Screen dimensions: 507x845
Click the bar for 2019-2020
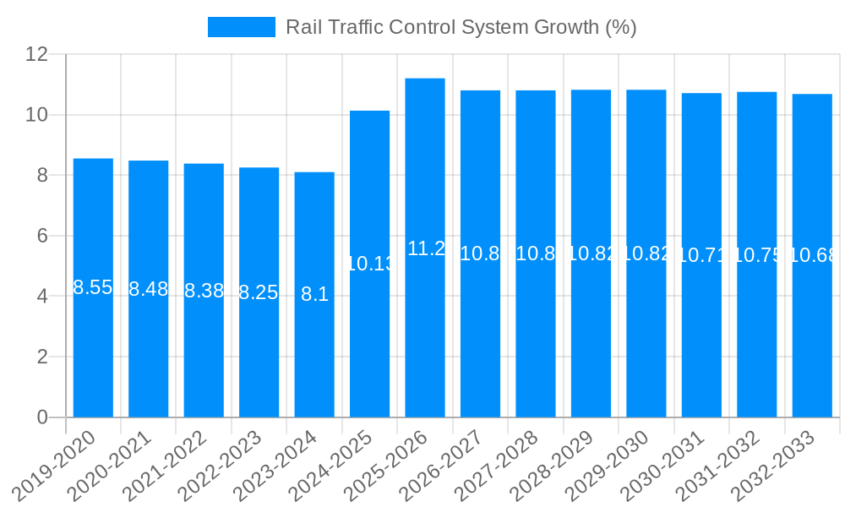(x=93, y=338)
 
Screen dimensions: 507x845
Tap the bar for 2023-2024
(x=314, y=355)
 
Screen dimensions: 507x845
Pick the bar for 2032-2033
(x=812, y=338)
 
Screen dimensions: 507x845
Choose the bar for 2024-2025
(x=369, y=338)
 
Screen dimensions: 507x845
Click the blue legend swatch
(x=242, y=27)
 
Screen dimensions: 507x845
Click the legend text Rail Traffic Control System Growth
(x=461, y=27)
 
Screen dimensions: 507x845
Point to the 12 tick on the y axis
(x=37, y=54)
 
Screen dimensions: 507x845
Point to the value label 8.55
(x=93, y=287)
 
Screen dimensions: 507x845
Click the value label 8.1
(x=314, y=295)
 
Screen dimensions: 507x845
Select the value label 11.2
(x=426, y=248)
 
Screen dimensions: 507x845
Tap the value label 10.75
(x=757, y=255)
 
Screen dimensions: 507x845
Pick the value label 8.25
(x=259, y=292)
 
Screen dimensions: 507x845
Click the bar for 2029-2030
(x=646, y=338)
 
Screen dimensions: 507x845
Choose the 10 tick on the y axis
(x=37, y=115)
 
